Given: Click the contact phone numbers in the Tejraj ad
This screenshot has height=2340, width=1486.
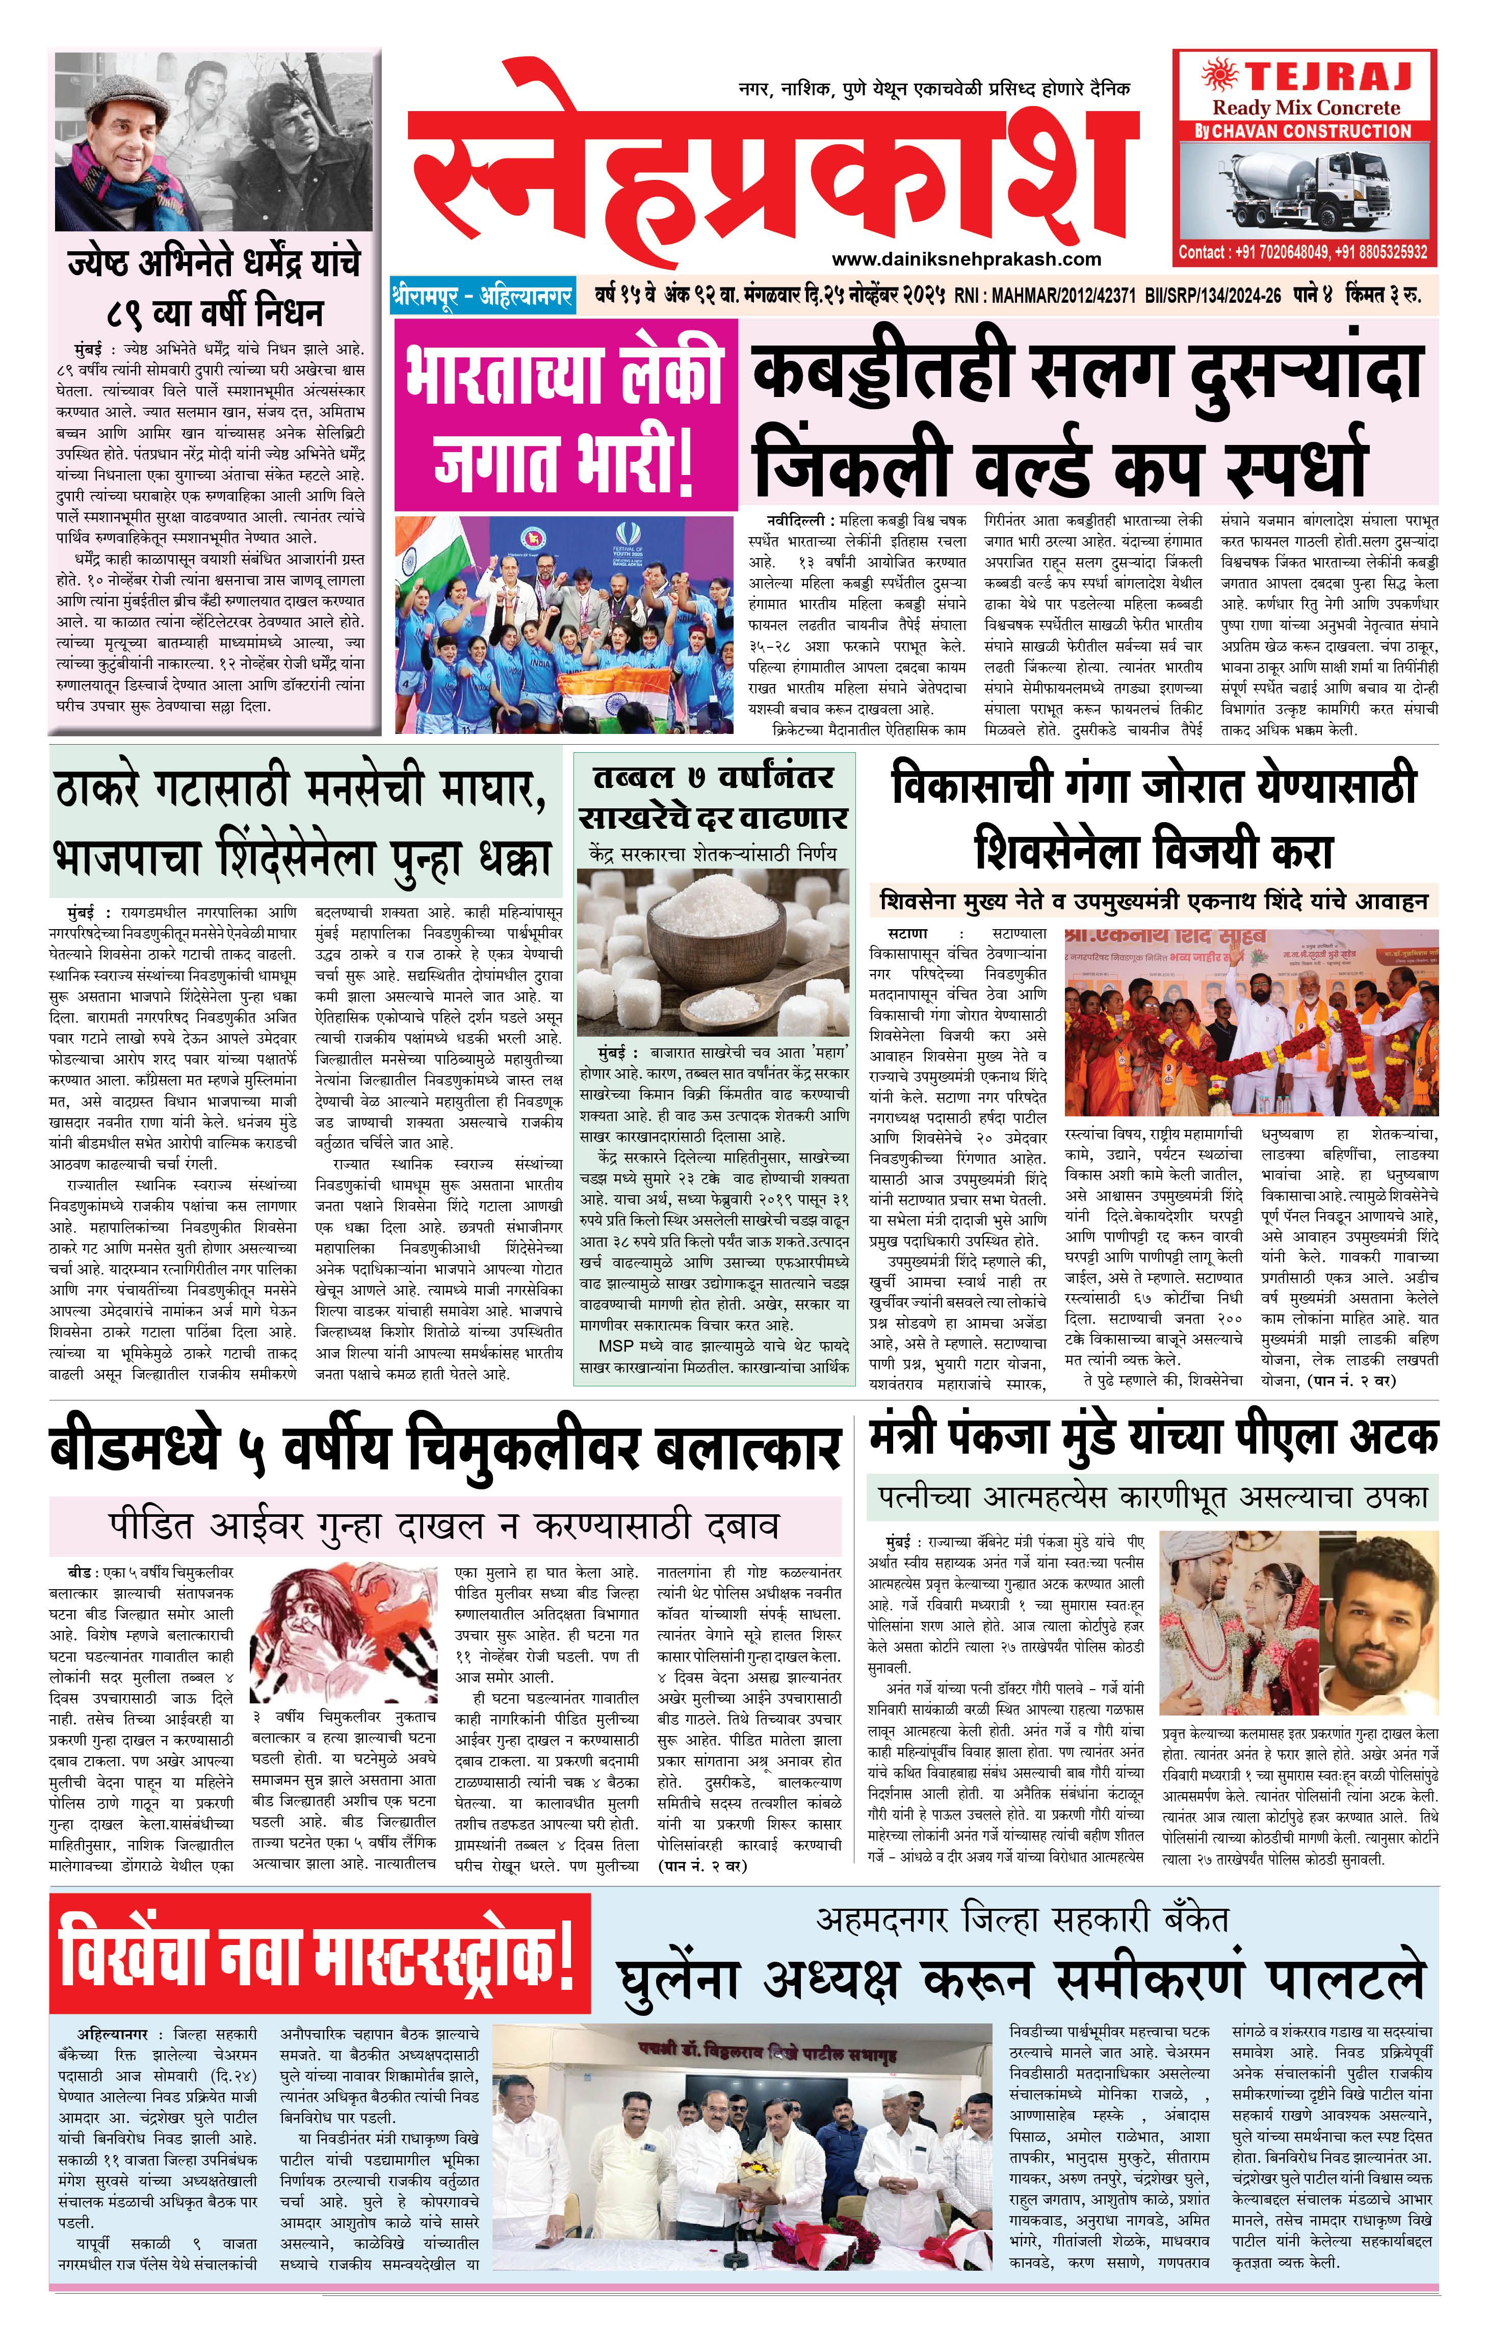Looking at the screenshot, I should click(x=1303, y=252).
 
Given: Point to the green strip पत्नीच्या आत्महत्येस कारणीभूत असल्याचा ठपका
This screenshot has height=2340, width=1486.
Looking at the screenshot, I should click(x=1152, y=1497).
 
